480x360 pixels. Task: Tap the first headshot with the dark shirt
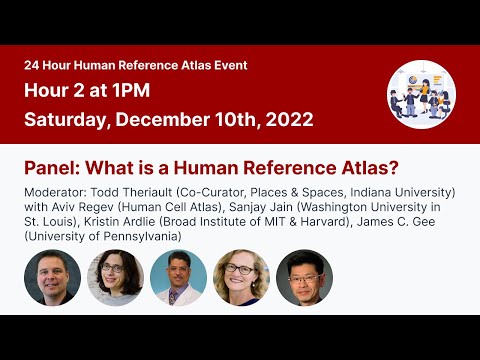[52, 278]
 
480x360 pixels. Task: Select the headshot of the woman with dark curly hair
[116, 278]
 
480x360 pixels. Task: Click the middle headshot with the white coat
[179, 278]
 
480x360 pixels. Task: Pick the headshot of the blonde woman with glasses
[242, 278]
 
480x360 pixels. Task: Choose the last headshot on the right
[305, 278]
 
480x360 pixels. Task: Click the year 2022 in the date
[289, 119]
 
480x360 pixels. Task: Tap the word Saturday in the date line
[64, 119]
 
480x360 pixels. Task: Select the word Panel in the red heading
[48, 167]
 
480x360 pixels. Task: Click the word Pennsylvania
[137, 236]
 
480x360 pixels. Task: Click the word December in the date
[170, 119]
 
